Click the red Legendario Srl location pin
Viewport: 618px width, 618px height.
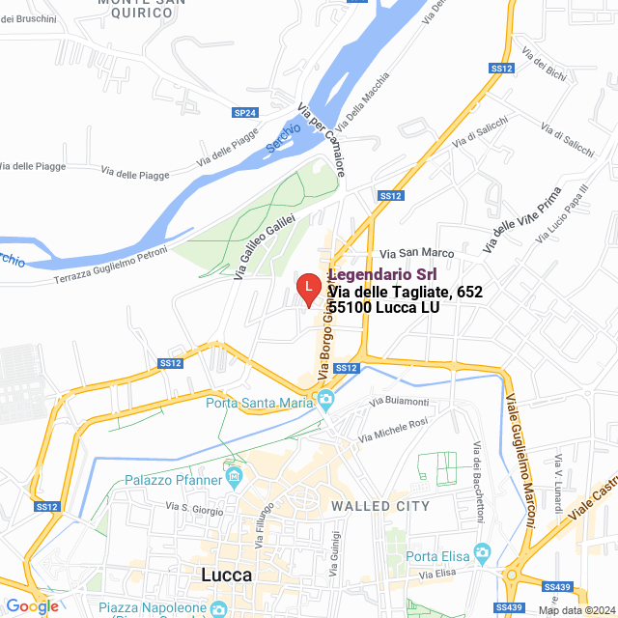pos(307,288)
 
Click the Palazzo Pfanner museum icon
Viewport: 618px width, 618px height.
pos(234,475)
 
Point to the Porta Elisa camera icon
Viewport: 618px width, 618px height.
pos(482,555)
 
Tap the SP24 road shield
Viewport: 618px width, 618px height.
pos(245,113)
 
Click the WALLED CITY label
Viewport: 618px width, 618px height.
pos(380,506)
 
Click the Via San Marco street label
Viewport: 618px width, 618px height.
pos(422,253)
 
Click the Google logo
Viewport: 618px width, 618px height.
pos(32,605)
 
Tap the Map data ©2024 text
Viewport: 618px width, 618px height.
pos(576,610)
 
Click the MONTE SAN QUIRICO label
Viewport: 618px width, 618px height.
pos(142,8)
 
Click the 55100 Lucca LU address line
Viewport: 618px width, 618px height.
pos(384,307)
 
